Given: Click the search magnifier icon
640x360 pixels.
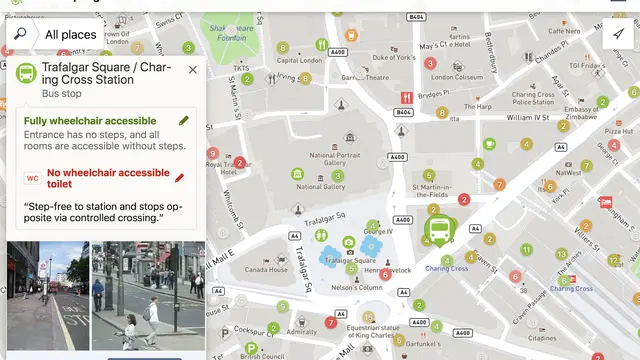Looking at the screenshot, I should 19,34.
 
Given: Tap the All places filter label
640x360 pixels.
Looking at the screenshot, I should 70,35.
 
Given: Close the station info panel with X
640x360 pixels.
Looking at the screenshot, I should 193,70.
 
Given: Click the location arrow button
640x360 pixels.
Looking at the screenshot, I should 619,33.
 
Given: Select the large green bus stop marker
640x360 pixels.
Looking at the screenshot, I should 438,231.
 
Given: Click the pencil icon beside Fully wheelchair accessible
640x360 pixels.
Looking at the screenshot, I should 184,120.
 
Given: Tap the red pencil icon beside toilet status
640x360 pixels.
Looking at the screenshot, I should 180,178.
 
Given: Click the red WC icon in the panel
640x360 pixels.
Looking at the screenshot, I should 32,178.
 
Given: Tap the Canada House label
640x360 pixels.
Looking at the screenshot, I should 266,270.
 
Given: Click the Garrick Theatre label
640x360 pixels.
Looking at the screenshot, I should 365,77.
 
